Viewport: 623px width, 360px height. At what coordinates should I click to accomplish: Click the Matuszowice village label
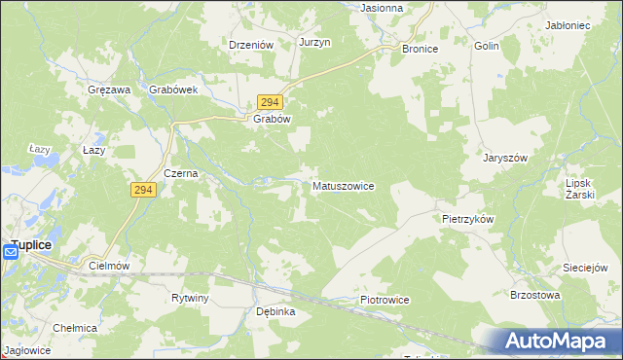pos(343,185)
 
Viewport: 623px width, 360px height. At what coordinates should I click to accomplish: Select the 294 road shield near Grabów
pos(270,102)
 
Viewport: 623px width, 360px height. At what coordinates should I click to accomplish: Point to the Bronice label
pos(421,48)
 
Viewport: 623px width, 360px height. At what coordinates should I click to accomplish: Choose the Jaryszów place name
pos(505,158)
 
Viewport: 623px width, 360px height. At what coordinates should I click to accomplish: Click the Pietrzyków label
pos(467,219)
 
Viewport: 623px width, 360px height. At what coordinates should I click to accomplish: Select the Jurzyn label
pos(315,43)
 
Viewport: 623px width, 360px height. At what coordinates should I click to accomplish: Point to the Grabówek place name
pos(173,89)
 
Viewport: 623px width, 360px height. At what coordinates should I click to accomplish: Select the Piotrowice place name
pos(384,301)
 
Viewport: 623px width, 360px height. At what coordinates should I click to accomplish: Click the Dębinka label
pos(275,311)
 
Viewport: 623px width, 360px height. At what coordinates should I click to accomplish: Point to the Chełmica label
pos(75,328)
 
